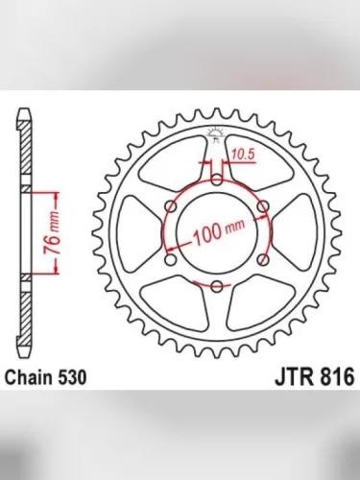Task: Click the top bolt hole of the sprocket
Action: click(218, 178)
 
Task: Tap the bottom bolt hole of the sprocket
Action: click(218, 285)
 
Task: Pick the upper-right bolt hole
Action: click(264, 204)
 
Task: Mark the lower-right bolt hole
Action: click(264, 258)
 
